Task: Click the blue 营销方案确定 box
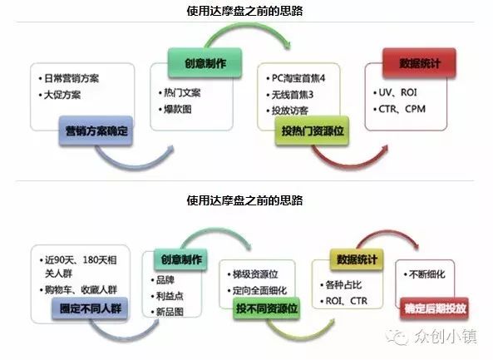(x=96, y=131)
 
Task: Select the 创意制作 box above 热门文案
(x=205, y=63)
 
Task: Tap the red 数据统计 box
(x=420, y=63)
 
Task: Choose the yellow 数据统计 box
(x=357, y=259)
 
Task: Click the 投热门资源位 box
(x=313, y=131)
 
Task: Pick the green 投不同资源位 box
(x=267, y=308)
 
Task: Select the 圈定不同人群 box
(x=90, y=308)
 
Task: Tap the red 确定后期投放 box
(x=435, y=308)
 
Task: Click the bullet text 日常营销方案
(x=71, y=78)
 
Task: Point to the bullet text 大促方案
(x=62, y=95)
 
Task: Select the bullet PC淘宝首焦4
(x=298, y=78)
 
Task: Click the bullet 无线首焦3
(x=293, y=95)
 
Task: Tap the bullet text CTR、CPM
(x=402, y=109)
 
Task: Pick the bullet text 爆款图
(x=178, y=109)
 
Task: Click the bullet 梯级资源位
(x=255, y=274)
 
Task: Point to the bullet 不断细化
(x=427, y=274)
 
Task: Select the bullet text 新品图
(x=170, y=312)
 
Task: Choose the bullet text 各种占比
(x=343, y=285)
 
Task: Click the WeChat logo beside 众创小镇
(x=397, y=337)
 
